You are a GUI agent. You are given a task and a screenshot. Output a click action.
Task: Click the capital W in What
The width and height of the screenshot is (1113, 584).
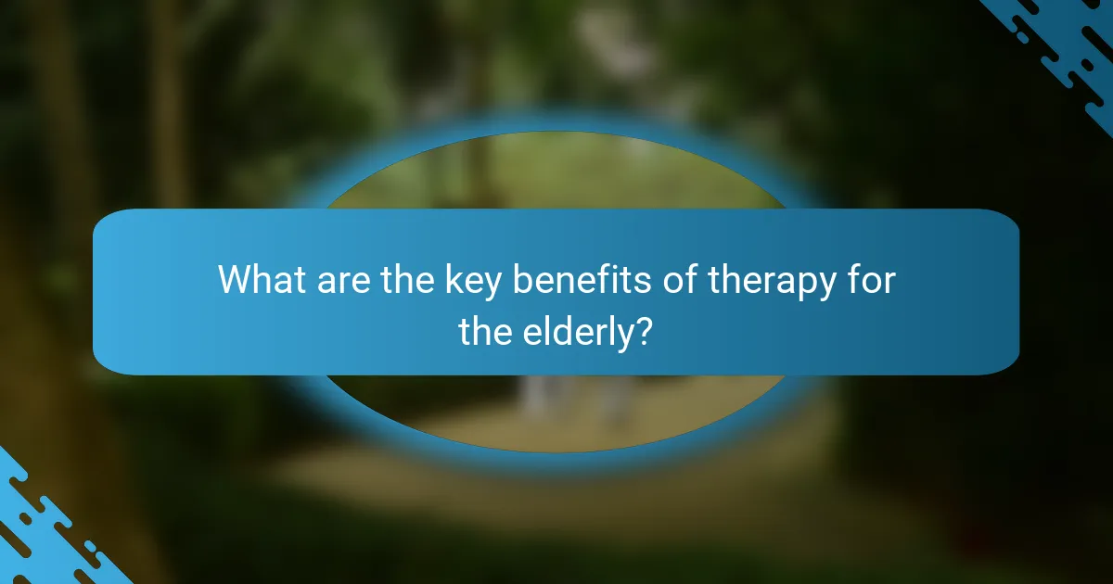point(237,280)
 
